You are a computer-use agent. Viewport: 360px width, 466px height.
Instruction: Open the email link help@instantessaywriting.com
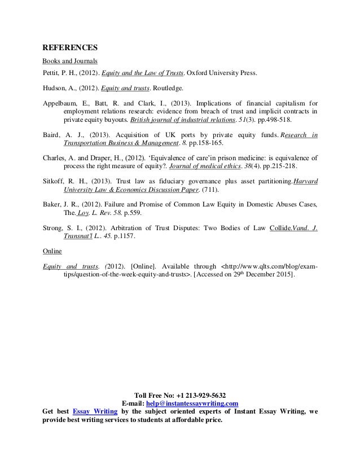click(x=192, y=403)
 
